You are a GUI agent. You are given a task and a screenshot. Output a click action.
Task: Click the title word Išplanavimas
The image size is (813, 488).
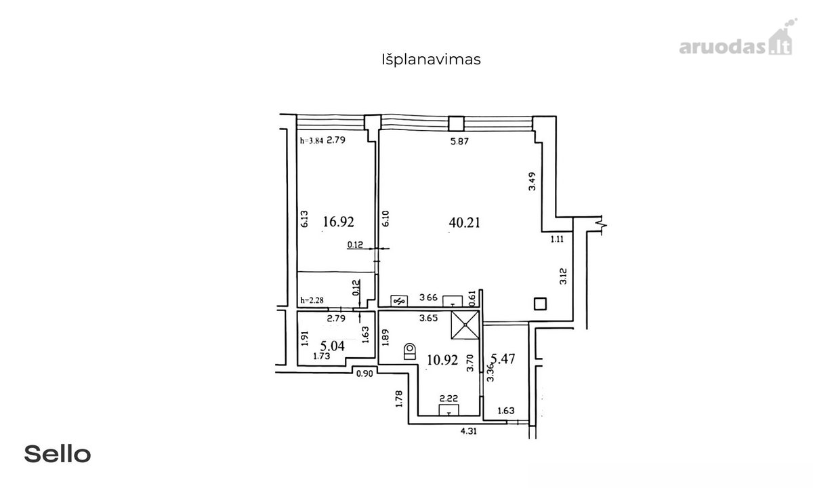pyautogui.click(x=431, y=60)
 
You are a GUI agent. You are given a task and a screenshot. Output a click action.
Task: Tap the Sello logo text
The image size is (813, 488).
pyautogui.click(x=58, y=454)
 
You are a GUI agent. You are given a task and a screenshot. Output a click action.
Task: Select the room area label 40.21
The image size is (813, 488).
pyautogui.click(x=464, y=222)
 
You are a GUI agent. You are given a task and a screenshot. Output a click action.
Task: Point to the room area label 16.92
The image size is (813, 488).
pyautogui.click(x=338, y=221)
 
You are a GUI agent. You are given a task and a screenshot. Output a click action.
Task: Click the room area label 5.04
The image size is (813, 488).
pyautogui.click(x=333, y=346)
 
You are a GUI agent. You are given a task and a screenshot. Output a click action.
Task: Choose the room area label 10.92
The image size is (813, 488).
pyautogui.click(x=442, y=360)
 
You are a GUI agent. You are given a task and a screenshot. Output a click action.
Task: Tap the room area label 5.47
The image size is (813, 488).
pyautogui.click(x=503, y=359)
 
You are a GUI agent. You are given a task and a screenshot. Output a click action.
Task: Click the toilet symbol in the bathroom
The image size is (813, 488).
pyautogui.click(x=410, y=352)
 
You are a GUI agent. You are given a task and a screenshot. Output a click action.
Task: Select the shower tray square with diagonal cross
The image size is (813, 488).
pyautogui.click(x=465, y=325)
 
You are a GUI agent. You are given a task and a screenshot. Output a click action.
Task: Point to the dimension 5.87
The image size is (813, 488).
pyautogui.click(x=459, y=141)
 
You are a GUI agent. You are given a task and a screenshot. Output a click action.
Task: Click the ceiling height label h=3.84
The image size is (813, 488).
pyautogui.click(x=312, y=141)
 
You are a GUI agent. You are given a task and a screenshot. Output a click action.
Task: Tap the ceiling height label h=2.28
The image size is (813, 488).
pyautogui.click(x=312, y=300)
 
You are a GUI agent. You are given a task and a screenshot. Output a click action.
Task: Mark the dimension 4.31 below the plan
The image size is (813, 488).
pyautogui.click(x=469, y=431)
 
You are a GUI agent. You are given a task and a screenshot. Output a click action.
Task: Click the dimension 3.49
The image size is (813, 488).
pyautogui.click(x=532, y=181)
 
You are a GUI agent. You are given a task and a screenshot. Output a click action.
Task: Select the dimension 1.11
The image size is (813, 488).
pyautogui.click(x=557, y=239)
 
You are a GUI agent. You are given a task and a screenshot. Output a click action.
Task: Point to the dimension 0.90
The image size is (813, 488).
pyautogui.click(x=364, y=373)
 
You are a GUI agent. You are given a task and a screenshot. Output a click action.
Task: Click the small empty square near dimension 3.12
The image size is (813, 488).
pyautogui.click(x=541, y=304)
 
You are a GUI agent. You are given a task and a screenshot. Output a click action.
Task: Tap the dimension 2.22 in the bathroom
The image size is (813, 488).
pyautogui.click(x=449, y=399)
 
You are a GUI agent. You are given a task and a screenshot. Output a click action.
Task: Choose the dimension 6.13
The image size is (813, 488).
pyautogui.click(x=304, y=219)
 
